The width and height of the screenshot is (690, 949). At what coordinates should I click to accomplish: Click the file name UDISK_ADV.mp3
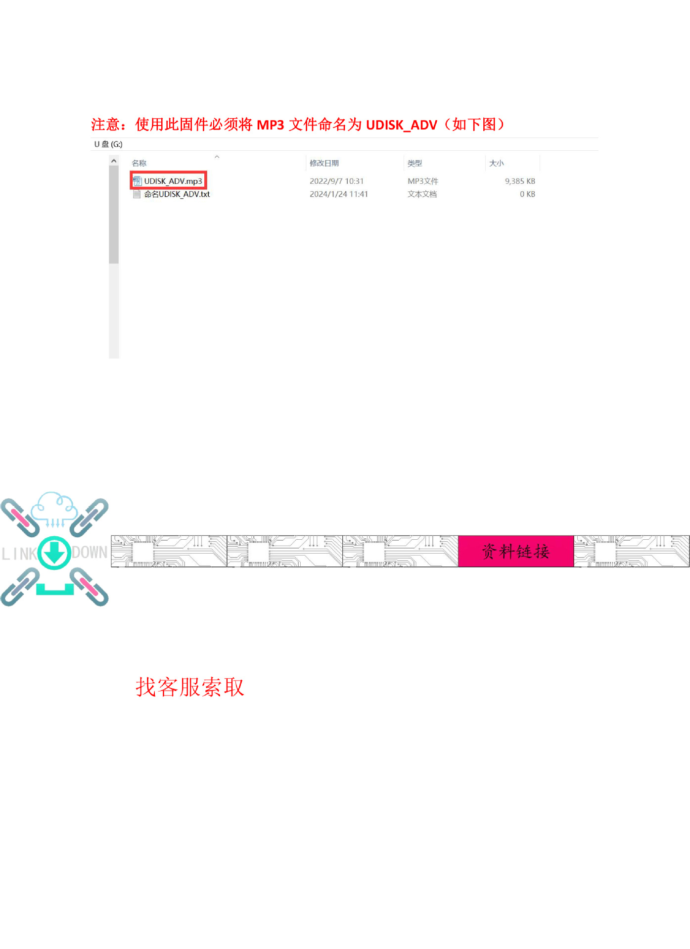(x=173, y=181)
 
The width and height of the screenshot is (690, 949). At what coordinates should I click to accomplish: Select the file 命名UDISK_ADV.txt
(x=177, y=194)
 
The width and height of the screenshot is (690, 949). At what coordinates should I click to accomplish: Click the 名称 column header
(x=139, y=163)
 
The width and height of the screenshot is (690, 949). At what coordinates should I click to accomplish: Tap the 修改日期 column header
(x=324, y=163)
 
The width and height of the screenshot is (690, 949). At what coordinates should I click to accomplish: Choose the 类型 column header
(x=414, y=163)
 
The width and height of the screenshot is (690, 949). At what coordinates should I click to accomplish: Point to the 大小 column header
(x=496, y=163)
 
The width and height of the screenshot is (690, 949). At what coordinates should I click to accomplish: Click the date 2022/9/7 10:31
(x=336, y=181)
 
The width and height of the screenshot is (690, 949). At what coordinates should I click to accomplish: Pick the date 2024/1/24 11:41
(x=338, y=194)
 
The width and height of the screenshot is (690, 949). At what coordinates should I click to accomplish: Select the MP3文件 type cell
(x=422, y=181)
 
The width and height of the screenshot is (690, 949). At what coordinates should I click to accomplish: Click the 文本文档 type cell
(x=422, y=194)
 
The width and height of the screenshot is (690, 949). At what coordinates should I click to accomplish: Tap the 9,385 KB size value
(x=520, y=181)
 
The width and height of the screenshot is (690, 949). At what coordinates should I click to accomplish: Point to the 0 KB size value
(x=527, y=194)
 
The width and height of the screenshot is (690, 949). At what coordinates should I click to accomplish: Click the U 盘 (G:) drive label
(x=108, y=144)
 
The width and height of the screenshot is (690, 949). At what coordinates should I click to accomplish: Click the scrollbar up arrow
(x=114, y=161)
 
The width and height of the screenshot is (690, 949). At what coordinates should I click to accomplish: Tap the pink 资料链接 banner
(x=515, y=551)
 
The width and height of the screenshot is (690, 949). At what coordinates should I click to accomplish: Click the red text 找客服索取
(x=190, y=687)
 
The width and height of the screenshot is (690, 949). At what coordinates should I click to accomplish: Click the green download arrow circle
(x=54, y=553)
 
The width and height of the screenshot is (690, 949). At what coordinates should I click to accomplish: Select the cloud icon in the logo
(x=54, y=507)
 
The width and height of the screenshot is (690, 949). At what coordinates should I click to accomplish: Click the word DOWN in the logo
(x=90, y=553)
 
